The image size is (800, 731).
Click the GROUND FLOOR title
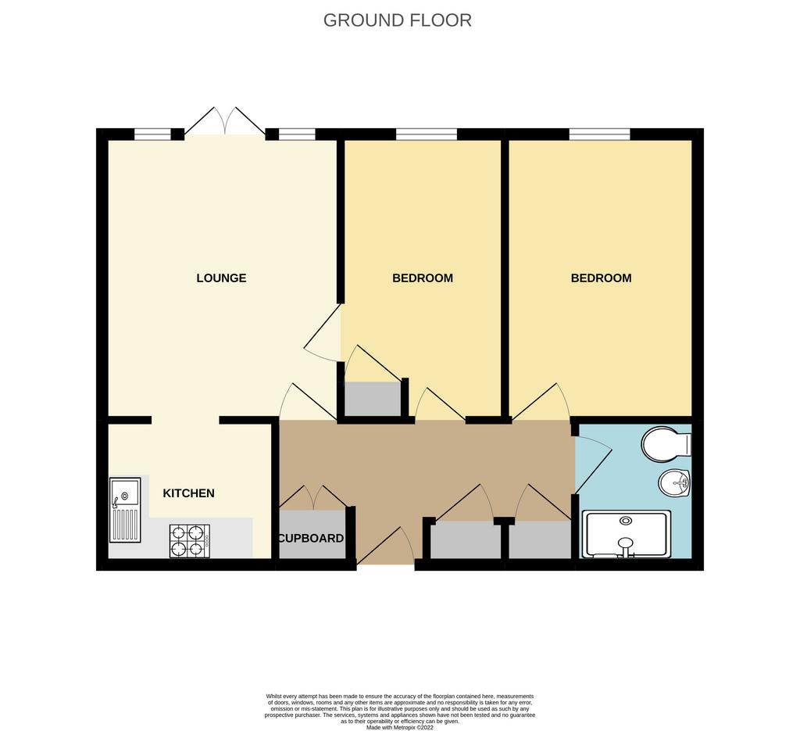[x=398, y=20]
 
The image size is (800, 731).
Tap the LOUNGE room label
[x=221, y=278]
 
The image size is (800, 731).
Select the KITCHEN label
[x=188, y=493]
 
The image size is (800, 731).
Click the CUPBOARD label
[x=311, y=539]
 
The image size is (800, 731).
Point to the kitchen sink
[x=124, y=510]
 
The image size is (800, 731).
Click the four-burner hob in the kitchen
[x=190, y=541]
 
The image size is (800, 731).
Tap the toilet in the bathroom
[x=666, y=444]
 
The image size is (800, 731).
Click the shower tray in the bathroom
[x=626, y=535]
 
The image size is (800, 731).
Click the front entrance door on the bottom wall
[x=385, y=546]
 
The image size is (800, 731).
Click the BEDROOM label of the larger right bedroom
[x=601, y=278]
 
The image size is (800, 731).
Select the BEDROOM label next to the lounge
[x=423, y=278]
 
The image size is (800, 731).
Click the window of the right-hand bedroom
[x=599, y=134]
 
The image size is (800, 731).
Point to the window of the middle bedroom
[x=427, y=134]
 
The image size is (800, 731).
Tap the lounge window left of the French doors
[x=152, y=134]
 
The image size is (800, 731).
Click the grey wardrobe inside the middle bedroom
[x=373, y=399]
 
